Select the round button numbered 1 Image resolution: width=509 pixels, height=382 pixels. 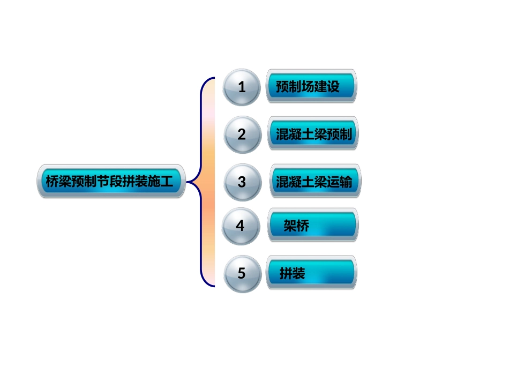click(x=242, y=87)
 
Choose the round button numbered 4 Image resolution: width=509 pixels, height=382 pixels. click(x=241, y=226)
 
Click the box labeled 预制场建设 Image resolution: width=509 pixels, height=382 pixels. click(x=311, y=86)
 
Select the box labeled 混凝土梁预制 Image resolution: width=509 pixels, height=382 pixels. click(x=313, y=134)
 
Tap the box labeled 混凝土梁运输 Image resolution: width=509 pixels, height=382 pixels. click(x=315, y=182)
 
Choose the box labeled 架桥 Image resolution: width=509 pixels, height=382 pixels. click(x=312, y=226)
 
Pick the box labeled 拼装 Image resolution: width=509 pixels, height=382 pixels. click(x=311, y=273)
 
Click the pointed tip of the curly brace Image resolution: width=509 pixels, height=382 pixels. click(x=187, y=182)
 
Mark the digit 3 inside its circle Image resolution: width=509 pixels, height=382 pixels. click(x=242, y=182)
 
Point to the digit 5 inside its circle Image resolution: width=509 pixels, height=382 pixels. click(x=242, y=274)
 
